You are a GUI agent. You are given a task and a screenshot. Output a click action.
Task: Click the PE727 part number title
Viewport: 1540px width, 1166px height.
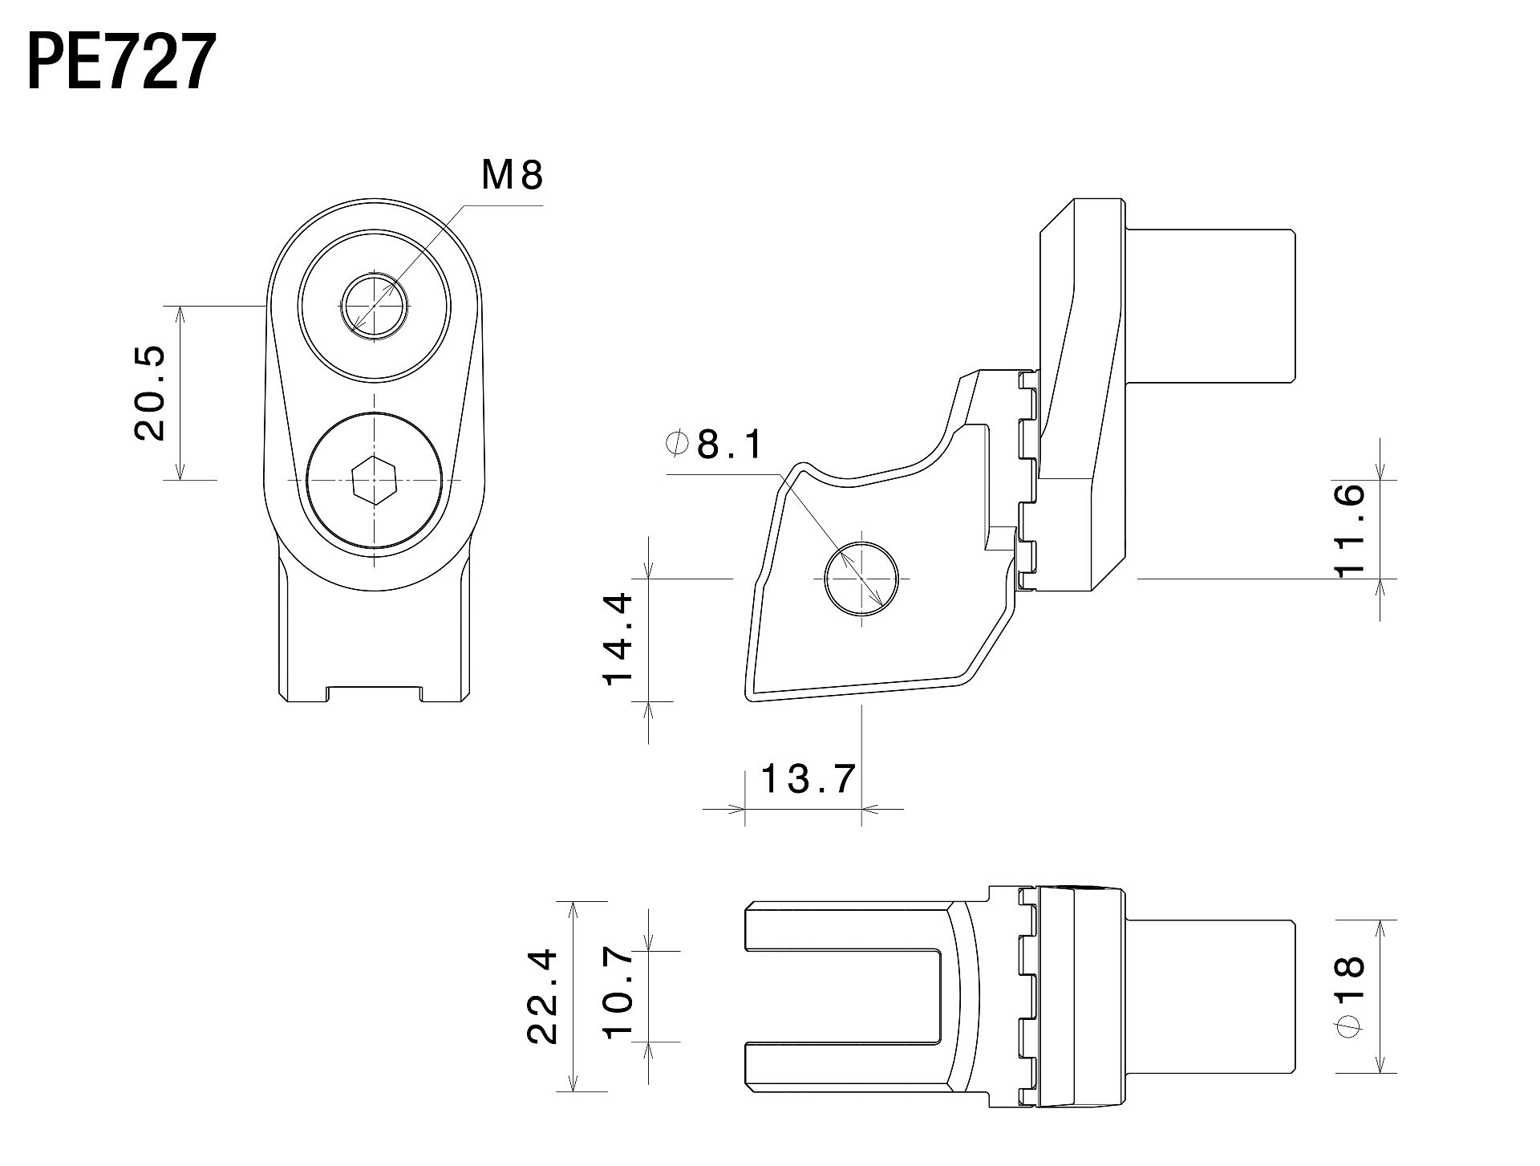[121, 63]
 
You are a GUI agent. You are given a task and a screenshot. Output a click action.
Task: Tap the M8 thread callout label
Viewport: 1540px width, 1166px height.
[512, 175]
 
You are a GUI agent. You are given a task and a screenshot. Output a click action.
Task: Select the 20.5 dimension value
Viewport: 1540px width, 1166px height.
[150, 393]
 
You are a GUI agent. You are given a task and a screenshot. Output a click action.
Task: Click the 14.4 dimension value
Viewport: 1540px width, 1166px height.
[619, 640]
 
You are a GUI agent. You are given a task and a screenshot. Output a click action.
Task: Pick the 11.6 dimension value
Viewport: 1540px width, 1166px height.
[1350, 529]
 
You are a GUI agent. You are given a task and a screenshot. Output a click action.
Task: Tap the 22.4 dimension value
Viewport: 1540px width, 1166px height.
[543, 996]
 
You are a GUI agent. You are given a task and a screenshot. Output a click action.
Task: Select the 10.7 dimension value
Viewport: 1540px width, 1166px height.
[619, 996]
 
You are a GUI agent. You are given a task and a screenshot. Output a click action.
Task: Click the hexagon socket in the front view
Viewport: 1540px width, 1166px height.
[375, 481]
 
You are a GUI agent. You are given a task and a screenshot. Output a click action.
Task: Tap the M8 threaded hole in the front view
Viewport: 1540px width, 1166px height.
[375, 306]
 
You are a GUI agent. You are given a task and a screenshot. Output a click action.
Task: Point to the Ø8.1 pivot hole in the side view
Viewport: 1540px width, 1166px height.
[861, 579]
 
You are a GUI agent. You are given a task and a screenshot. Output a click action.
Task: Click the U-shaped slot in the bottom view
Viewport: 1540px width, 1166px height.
[850, 996]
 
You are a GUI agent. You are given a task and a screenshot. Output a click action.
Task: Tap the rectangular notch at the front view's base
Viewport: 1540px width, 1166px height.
[374, 693]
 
